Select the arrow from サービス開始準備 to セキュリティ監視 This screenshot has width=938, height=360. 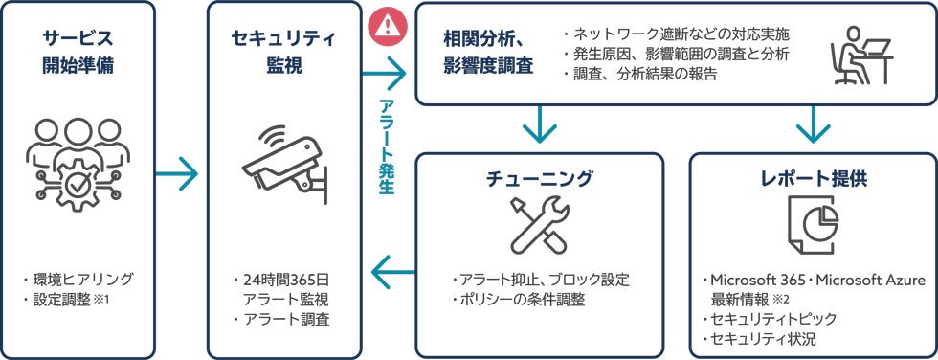pyautogui.click(x=176, y=174)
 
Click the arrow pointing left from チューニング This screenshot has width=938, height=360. pyautogui.click(x=393, y=272)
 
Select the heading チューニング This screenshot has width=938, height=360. pyautogui.click(x=539, y=178)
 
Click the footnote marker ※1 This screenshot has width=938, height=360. pyautogui.click(x=102, y=300)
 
